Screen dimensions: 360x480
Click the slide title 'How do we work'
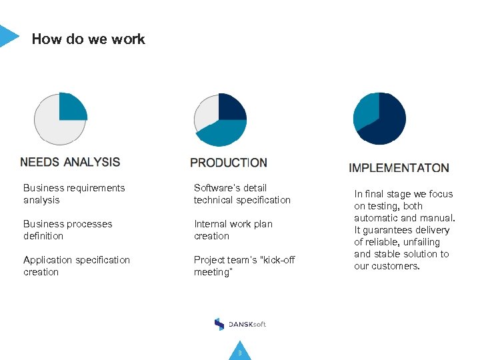88,39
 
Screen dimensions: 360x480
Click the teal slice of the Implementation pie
365,111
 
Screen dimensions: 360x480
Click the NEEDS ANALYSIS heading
70,162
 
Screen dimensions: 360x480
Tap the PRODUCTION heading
229,163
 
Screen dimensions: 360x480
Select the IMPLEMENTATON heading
399,168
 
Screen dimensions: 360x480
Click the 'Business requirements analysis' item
73,194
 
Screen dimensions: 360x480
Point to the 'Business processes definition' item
67,230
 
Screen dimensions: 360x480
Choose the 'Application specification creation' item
76,266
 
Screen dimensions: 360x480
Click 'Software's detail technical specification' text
242,194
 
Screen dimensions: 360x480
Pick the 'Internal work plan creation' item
233,230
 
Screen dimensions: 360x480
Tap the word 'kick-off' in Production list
280,260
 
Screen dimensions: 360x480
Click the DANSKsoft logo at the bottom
240,324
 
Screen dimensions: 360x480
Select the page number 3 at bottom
240,353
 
